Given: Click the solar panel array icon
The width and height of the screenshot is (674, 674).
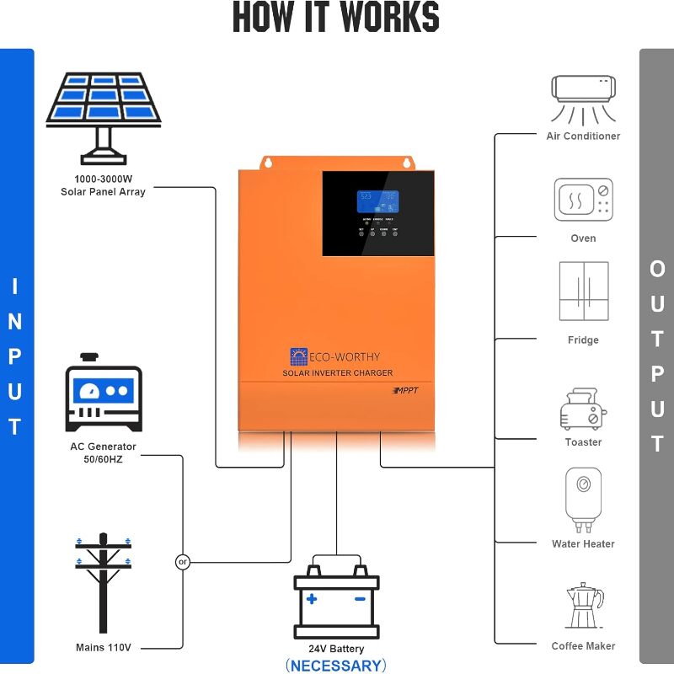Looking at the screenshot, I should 103,114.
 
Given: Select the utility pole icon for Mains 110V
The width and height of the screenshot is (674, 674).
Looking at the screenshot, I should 103,582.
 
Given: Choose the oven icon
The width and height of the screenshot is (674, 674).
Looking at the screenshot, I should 583,200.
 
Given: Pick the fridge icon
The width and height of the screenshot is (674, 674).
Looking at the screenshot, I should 583,291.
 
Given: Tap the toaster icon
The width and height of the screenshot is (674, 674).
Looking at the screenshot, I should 583,409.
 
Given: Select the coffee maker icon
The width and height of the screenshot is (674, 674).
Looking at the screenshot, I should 583,606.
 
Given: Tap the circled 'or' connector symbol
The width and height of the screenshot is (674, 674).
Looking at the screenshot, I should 183,562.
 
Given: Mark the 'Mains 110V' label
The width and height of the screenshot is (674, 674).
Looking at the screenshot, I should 103,648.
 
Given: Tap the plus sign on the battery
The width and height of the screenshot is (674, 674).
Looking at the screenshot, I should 312,599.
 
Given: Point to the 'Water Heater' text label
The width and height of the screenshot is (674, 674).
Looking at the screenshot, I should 583,544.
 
